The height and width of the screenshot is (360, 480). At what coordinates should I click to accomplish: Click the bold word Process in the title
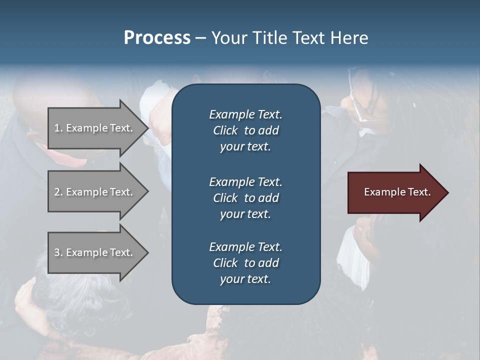157,38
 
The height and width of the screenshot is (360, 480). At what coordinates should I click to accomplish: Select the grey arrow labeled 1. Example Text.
95,128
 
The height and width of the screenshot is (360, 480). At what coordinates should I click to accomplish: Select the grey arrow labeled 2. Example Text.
95,192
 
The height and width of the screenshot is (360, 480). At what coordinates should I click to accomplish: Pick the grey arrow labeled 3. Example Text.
95,252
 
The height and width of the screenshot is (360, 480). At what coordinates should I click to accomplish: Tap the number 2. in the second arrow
58,192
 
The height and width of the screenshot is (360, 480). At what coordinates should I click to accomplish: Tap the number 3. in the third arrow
58,252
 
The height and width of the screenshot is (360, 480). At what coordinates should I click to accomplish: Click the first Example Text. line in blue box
245,114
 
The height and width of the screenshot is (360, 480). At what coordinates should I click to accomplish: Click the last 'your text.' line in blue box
245,279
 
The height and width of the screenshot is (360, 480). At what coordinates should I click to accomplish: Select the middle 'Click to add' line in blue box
245,198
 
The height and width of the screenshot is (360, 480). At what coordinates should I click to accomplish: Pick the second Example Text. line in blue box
245,181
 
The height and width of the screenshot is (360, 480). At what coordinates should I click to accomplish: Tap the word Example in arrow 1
86,128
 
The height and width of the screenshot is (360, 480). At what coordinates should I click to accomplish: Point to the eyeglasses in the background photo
361,100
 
